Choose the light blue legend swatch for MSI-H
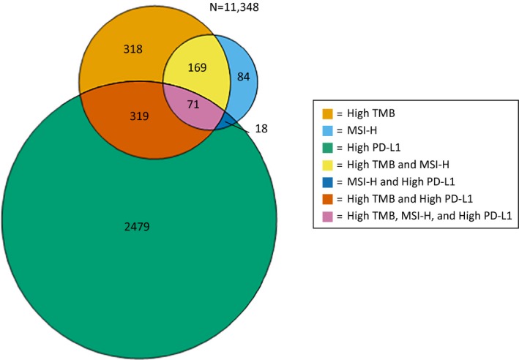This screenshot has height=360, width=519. pos(329,131)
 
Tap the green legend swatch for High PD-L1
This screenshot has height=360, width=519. pos(329,148)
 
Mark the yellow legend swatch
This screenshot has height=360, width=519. pos(329,165)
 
